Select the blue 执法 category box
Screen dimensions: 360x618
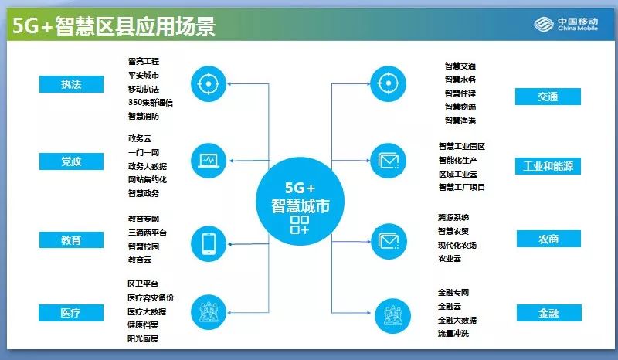coord(71,84)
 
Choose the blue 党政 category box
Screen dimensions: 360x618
coord(71,161)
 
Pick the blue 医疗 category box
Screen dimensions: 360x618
coord(71,313)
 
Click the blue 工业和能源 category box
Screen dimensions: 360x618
coord(548,166)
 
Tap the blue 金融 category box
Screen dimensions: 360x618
coord(548,313)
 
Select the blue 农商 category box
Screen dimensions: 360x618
coord(548,239)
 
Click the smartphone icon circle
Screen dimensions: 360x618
coord(209,242)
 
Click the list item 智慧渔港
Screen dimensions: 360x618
coord(460,121)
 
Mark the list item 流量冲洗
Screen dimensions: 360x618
coord(457,334)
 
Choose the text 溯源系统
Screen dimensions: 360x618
coord(457,218)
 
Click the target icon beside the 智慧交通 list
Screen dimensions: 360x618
coord(387,83)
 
